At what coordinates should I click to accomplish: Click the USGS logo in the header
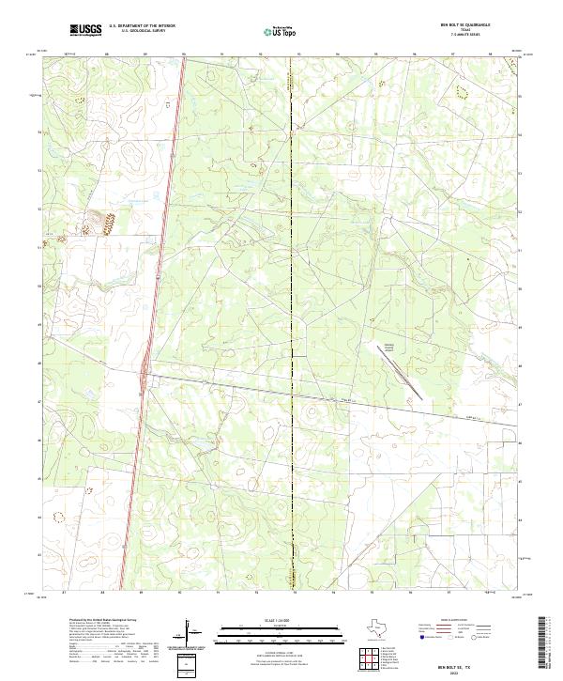click(85, 30)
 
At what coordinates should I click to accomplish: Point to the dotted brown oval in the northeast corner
click(461, 91)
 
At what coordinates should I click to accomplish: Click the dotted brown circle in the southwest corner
click(60, 517)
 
